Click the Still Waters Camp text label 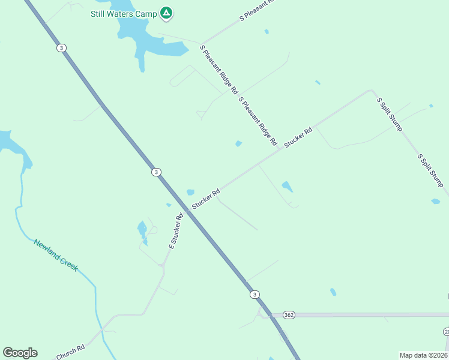pyautogui.click(x=124, y=13)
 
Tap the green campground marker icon pyautogui.click(x=166, y=13)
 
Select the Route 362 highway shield pyautogui.click(x=289, y=314)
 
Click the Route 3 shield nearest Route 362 pyautogui.click(x=255, y=294)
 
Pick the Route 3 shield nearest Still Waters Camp pyautogui.click(x=61, y=48)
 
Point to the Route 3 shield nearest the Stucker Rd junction pyautogui.click(x=156, y=172)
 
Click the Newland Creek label pyautogui.click(x=56, y=255)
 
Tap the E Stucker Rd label pyautogui.click(x=175, y=232)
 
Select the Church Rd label pyautogui.click(x=70, y=352)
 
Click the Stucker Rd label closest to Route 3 pyautogui.click(x=206, y=200)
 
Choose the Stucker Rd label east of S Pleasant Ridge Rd pyautogui.click(x=298, y=138)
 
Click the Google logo pyautogui.click(x=20, y=353)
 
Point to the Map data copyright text pyautogui.click(x=423, y=355)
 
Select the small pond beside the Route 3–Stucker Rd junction pyautogui.click(x=190, y=193)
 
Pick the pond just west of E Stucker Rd pyautogui.click(x=142, y=230)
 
